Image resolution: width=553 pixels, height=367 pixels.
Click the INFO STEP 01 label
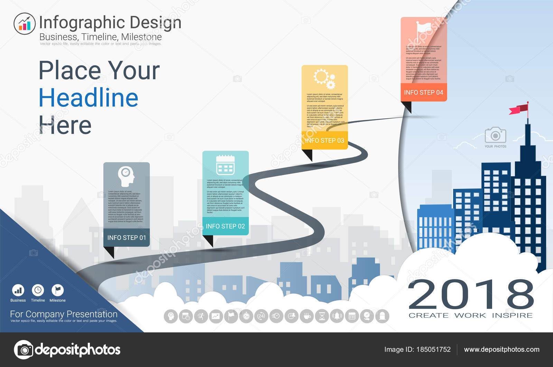coord(126,238)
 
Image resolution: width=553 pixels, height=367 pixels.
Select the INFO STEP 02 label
coord(225,226)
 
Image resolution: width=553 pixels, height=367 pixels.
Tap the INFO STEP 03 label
coord(325,141)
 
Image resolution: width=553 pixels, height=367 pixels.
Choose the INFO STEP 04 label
coord(423,92)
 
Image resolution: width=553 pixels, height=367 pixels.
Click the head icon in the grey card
coord(126,176)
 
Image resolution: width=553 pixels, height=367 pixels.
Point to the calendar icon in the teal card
coord(225,165)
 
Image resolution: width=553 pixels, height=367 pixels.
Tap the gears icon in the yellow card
coord(324,79)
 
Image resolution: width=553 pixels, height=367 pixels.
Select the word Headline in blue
coord(88,98)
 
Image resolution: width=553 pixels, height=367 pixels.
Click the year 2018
coord(471,295)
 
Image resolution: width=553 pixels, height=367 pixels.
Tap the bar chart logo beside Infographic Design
coord(25,24)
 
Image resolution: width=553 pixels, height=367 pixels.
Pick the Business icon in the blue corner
coord(18,290)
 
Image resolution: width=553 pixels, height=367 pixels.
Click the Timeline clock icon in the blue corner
coord(38,290)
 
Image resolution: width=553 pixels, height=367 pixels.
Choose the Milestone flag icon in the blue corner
coord(57,290)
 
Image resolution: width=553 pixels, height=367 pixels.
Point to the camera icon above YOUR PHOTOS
coord(495,135)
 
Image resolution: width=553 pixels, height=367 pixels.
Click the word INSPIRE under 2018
coord(512,315)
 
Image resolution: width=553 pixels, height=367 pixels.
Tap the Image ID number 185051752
coord(433,349)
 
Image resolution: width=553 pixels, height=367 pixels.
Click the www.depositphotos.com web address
coord(502,349)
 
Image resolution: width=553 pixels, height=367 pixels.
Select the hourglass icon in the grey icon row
coord(322,316)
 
